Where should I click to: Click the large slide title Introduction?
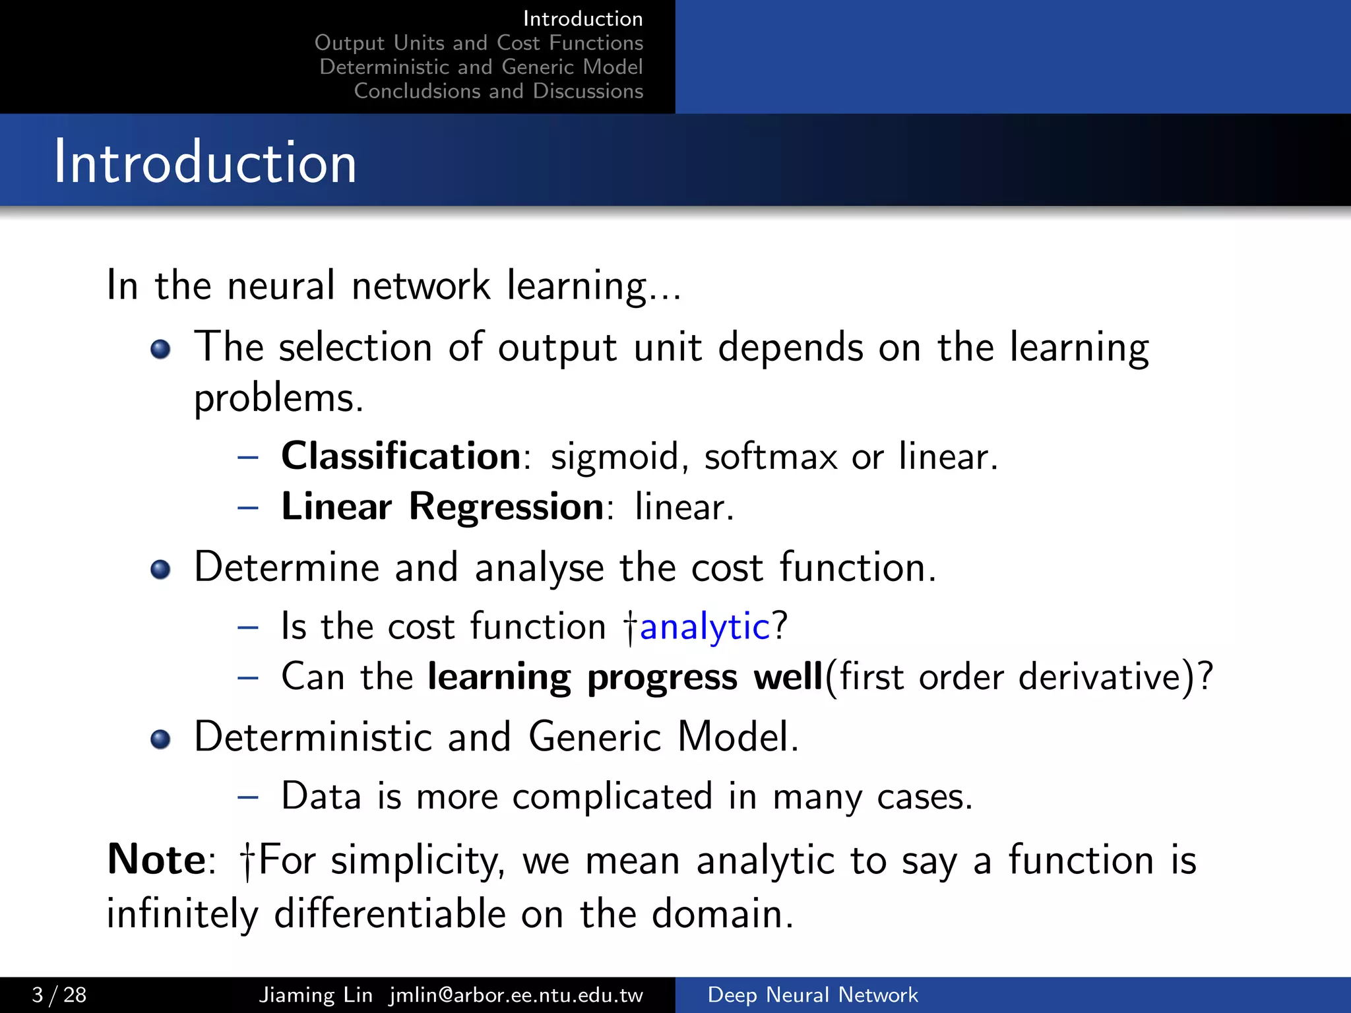pyautogui.click(x=205, y=162)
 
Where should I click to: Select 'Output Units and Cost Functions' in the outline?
pyautogui.click(x=478, y=43)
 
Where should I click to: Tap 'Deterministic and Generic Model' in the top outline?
pyautogui.click(x=481, y=67)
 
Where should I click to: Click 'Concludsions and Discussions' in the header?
pyautogui.click(x=498, y=91)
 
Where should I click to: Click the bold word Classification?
pyautogui.click(x=401, y=456)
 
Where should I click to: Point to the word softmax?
pyautogui.click(x=770, y=457)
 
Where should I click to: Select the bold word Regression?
pyautogui.click(x=507, y=506)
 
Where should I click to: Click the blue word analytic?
pyautogui.click(x=705, y=626)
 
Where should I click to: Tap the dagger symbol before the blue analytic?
pyautogui.click(x=631, y=627)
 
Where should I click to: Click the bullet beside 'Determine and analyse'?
pyautogui.click(x=160, y=569)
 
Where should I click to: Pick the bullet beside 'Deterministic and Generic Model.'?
pyautogui.click(x=160, y=739)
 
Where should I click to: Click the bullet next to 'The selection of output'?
pyautogui.click(x=160, y=349)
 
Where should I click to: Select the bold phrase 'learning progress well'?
pyautogui.click(x=625, y=677)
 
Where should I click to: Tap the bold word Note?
pyautogui.click(x=157, y=860)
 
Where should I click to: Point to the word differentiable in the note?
pyautogui.click(x=389, y=914)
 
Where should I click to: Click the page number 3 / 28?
pyautogui.click(x=59, y=995)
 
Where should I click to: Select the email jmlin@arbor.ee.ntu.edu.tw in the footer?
pyautogui.click(x=516, y=995)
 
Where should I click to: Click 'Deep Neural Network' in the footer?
pyautogui.click(x=812, y=995)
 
